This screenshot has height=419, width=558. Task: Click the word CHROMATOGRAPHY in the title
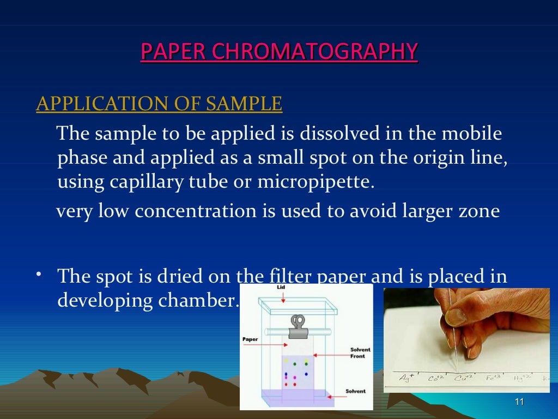click(314, 52)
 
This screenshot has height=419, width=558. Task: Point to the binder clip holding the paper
click(298, 326)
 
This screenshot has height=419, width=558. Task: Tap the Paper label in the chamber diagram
click(250, 339)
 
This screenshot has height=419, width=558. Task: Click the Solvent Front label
click(360, 353)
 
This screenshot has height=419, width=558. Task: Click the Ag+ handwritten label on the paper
click(405, 378)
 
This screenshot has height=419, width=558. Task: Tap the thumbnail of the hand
click(466, 340)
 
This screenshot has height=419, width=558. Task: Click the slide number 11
click(519, 403)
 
